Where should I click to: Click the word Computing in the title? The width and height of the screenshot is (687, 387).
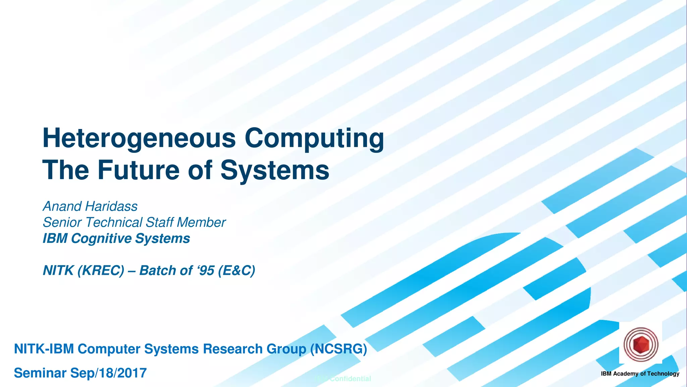(314, 138)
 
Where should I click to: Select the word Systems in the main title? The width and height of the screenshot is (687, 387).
(275, 170)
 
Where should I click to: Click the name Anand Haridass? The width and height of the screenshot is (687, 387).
(90, 206)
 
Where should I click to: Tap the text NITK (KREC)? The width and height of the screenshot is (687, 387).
(83, 270)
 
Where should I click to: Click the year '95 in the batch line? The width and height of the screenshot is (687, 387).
(206, 270)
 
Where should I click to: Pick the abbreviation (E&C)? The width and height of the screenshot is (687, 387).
(236, 270)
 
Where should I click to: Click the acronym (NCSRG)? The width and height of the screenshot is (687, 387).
(338, 349)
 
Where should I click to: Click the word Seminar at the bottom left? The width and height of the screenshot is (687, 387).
(40, 373)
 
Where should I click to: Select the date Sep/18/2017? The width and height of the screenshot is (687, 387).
(108, 373)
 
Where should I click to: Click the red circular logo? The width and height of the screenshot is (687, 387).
(641, 345)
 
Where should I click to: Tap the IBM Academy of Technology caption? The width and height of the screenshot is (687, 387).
(640, 374)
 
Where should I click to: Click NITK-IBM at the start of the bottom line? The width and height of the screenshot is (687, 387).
(44, 349)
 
